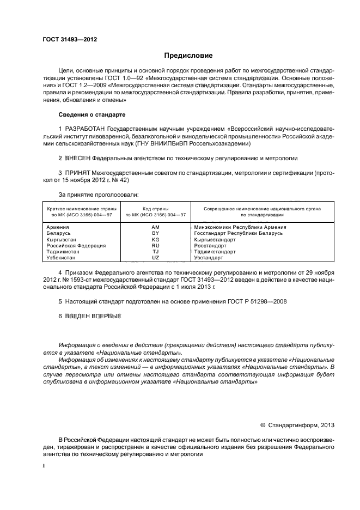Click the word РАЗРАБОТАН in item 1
(87, 127)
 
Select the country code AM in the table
(155, 227)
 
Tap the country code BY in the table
(155, 233)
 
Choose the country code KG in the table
(155, 239)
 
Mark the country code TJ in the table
(155, 252)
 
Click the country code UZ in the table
(155, 258)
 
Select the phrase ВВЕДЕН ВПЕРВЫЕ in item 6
(93, 316)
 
